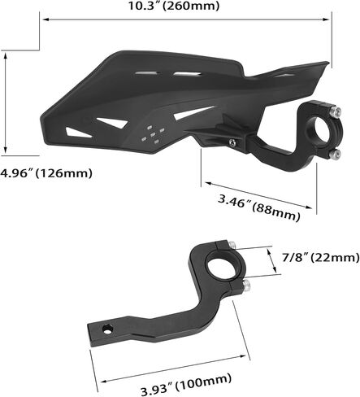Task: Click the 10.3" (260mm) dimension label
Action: tap(173, 6)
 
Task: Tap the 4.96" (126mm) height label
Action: tap(46, 172)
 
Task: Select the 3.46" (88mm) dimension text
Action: tap(259, 208)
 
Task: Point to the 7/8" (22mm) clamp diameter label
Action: tap(321, 257)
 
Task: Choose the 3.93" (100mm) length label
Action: tap(186, 383)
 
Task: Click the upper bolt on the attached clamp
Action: tap(336, 111)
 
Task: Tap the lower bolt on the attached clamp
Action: tap(335, 154)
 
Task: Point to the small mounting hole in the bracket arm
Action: tap(107, 329)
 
